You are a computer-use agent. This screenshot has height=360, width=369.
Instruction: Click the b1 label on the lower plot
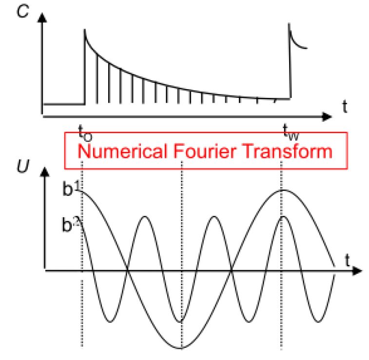coord(72,189)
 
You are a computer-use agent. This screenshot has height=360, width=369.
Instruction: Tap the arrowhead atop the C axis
coord(44,19)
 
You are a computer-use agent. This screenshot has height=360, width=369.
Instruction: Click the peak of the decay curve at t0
coord(85,30)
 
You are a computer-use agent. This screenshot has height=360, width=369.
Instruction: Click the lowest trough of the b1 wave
coord(182,348)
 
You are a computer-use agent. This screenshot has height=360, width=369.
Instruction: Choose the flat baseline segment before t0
coord(64,103)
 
